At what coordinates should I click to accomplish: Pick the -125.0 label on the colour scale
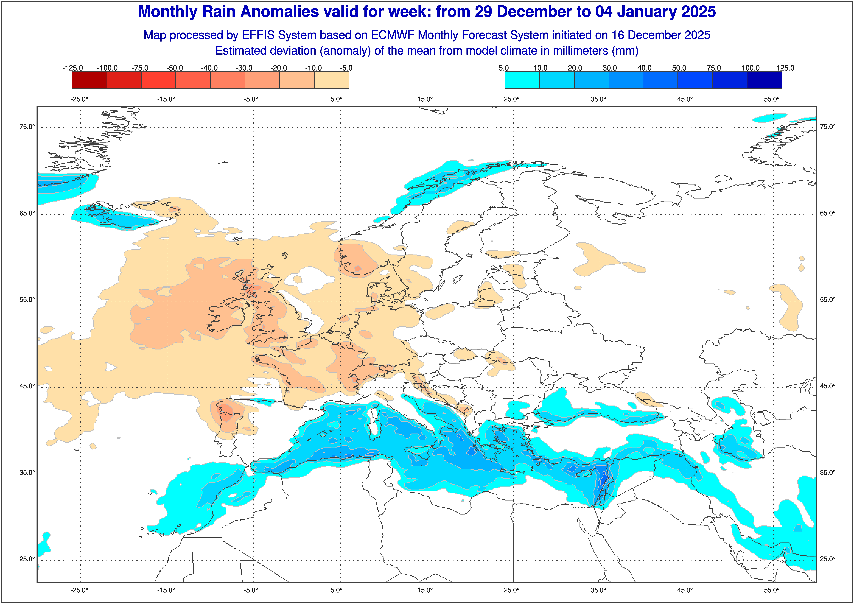click(x=73, y=68)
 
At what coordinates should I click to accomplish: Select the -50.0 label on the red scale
click(x=175, y=68)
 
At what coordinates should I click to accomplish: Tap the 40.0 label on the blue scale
click(x=644, y=68)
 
